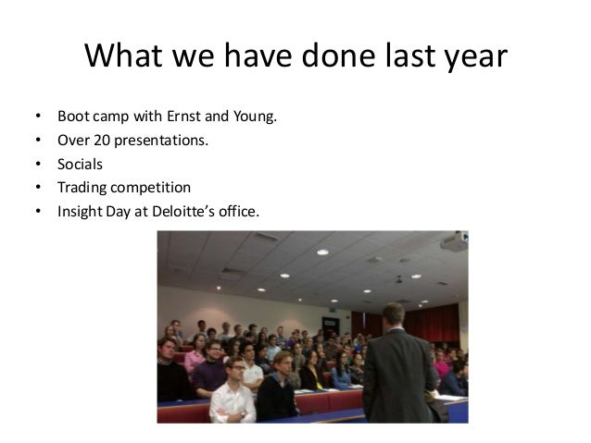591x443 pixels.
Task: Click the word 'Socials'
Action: pos(80,166)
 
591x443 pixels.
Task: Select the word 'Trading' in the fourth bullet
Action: pos(82,188)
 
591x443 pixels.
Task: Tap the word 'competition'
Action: pos(150,188)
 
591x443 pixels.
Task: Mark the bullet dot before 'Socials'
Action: pos(38,166)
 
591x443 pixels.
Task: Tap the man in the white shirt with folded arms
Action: pos(233,393)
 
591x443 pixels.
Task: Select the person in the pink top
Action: pos(195,357)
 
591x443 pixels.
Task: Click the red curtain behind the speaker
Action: pos(435,324)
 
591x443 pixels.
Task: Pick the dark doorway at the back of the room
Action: pos(358,324)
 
